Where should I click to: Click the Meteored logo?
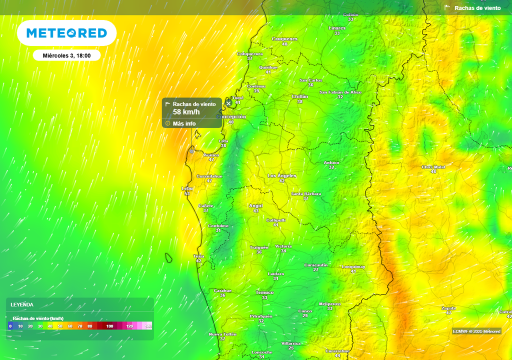click(66, 33)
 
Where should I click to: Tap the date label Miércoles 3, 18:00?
click(66, 55)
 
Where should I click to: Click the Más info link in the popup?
click(184, 123)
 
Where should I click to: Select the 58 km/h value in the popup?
click(186, 112)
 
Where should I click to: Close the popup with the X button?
click(228, 103)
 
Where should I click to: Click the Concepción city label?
click(231, 116)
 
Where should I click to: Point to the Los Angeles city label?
click(282, 176)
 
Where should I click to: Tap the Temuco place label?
click(264, 292)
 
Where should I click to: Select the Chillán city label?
click(299, 96)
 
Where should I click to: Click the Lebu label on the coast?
click(186, 188)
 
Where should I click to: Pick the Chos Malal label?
click(433, 167)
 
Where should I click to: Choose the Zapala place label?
click(448, 308)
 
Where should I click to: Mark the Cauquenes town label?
click(284, 39)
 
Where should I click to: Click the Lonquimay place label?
click(353, 267)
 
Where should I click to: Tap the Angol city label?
click(256, 205)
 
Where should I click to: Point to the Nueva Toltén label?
click(222, 334)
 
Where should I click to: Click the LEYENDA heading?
click(22, 304)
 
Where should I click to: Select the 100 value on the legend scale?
click(109, 326)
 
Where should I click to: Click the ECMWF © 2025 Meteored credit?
click(476, 331)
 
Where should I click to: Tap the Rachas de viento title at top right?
click(477, 8)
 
